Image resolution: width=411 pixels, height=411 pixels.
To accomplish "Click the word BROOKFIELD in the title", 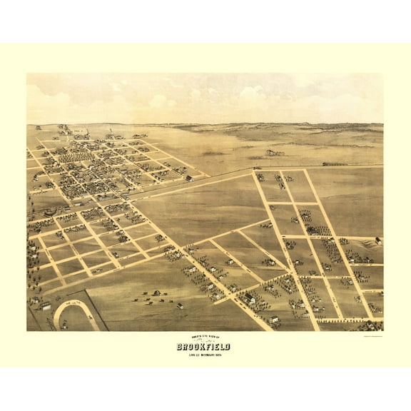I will (205, 346).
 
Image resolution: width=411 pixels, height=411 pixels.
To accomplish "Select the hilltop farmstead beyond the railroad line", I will (275, 152).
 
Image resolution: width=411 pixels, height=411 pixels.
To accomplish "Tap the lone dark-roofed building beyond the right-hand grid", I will (377, 240).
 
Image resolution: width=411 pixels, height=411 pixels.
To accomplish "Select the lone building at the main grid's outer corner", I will (188, 178).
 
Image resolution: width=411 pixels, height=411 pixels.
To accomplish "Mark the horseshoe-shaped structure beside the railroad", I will (50, 211).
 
